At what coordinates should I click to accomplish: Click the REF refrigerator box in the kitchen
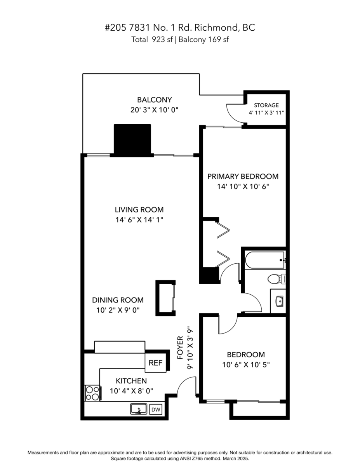[x=155, y=363]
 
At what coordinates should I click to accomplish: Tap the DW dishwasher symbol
[x=155, y=409]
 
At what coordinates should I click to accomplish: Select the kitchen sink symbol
[x=138, y=409]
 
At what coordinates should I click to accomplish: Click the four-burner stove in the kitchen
[x=92, y=393]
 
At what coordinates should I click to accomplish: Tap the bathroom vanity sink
[x=278, y=301]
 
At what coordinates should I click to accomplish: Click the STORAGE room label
[x=266, y=105]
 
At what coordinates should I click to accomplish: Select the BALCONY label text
[x=154, y=100]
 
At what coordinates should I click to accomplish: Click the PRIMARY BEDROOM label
[x=243, y=176]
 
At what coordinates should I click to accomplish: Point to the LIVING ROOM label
[x=139, y=209]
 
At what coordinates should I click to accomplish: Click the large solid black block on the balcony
[x=132, y=140]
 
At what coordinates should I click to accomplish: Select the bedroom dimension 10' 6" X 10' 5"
[x=246, y=365]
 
